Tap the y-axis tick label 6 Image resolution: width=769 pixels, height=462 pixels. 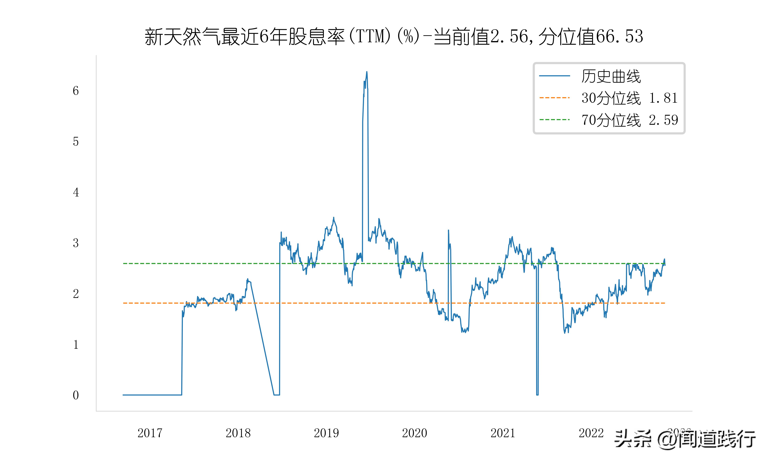tap(76, 91)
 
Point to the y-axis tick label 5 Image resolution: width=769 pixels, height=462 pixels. tap(76, 142)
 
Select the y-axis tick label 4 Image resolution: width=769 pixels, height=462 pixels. tap(76, 192)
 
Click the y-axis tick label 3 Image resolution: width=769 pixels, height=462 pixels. tap(76, 243)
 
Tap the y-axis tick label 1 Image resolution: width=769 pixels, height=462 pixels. tap(76, 345)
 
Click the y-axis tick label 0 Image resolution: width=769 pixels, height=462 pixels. tap(76, 395)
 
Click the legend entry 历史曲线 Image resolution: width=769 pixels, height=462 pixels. tap(611, 76)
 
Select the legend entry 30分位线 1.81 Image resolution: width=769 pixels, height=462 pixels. tap(629, 98)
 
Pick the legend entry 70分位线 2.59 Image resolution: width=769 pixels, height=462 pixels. tap(629, 120)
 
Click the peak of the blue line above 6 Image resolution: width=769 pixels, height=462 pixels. tap(367, 72)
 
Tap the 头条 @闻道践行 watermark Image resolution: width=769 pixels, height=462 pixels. tap(685, 439)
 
